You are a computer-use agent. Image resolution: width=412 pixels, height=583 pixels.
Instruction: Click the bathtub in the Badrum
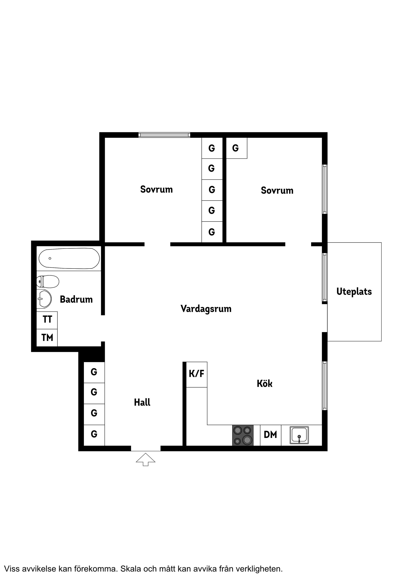[69, 258]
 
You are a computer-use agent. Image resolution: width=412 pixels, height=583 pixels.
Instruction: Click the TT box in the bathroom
[47, 319]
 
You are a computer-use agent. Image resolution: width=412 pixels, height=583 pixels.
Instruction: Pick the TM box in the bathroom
[47, 338]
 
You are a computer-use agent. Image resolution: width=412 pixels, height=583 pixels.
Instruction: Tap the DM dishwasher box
[270, 435]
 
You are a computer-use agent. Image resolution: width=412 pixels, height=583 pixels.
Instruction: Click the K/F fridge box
[197, 374]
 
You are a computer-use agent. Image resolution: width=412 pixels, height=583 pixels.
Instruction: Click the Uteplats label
[354, 291]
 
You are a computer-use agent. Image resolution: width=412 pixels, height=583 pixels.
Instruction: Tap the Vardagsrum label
[206, 309]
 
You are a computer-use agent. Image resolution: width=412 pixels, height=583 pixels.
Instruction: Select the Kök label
[265, 383]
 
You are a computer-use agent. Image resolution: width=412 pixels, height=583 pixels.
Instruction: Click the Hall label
[142, 402]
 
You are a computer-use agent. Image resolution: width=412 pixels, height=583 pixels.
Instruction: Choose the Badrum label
[76, 299]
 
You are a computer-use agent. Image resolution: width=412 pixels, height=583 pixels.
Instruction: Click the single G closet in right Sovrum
[236, 148]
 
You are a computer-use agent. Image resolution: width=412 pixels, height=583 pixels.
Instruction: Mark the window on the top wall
[164, 135]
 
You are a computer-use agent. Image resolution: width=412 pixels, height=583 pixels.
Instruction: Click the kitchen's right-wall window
[325, 386]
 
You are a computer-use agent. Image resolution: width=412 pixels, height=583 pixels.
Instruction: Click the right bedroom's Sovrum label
[277, 190]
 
